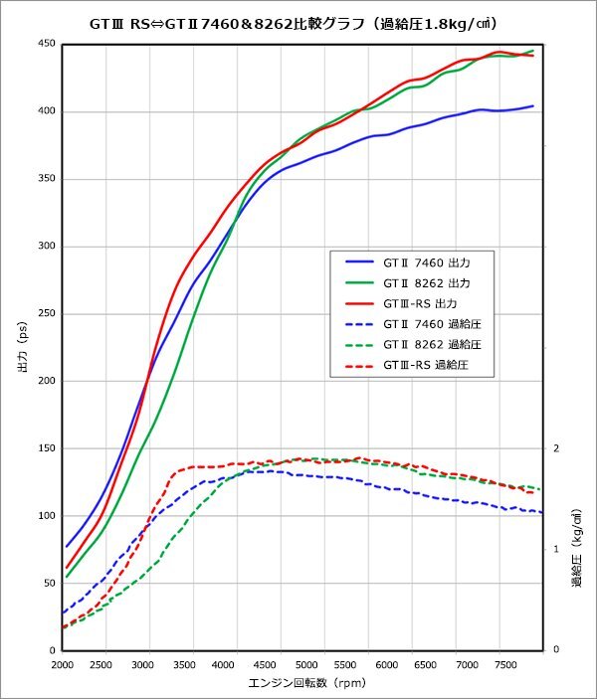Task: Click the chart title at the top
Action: pyautogui.click(x=299, y=23)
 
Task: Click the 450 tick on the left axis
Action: pyautogui.click(x=46, y=44)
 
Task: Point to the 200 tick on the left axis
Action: pyautogui.click(x=46, y=381)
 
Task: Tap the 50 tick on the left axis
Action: pyautogui.click(x=49, y=583)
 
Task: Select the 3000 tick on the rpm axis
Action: pyautogui.click(x=146, y=664)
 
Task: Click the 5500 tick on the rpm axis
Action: pyautogui.click(x=346, y=664)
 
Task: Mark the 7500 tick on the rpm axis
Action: pyautogui.click(x=506, y=664)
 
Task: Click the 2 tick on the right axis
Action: pyautogui.click(x=556, y=448)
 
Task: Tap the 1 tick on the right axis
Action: pyautogui.click(x=556, y=549)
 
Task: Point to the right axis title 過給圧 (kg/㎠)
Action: pyautogui.click(x=576, y=549)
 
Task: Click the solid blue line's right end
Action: pyautogui.click(x=533, y=105)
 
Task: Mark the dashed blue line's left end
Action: pyautogui.click(x=63, y=612)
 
